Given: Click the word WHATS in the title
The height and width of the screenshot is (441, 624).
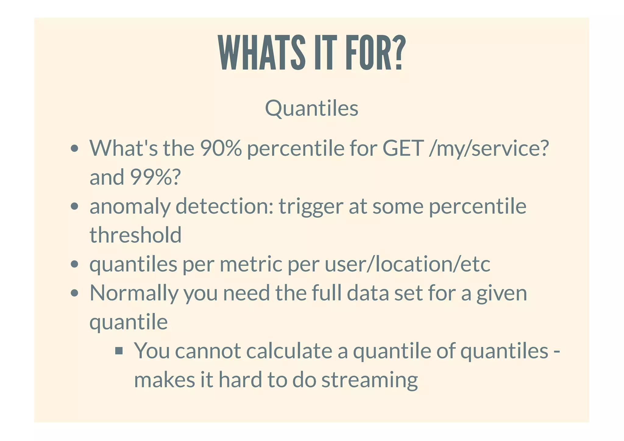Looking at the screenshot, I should coord(262,53).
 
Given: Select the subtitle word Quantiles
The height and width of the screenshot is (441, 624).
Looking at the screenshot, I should coord(311,108).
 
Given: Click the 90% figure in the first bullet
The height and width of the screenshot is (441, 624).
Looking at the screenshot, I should coord(221,148).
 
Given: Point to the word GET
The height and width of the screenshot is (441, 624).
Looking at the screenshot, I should coord(403,148).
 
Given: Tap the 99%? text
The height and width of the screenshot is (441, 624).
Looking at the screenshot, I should coord(155,177).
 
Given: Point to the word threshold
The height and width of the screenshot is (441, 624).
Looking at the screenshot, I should coord(136,235).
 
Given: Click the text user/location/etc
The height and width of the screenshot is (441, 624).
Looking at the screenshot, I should coord(407,264).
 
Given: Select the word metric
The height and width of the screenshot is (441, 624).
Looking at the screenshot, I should coord(251,264).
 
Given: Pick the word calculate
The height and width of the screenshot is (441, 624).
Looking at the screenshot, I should coord(289,351).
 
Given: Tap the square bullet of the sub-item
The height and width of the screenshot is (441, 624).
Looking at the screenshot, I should coord(119,351).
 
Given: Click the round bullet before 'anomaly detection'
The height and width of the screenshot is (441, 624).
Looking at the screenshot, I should coord(74,206).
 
